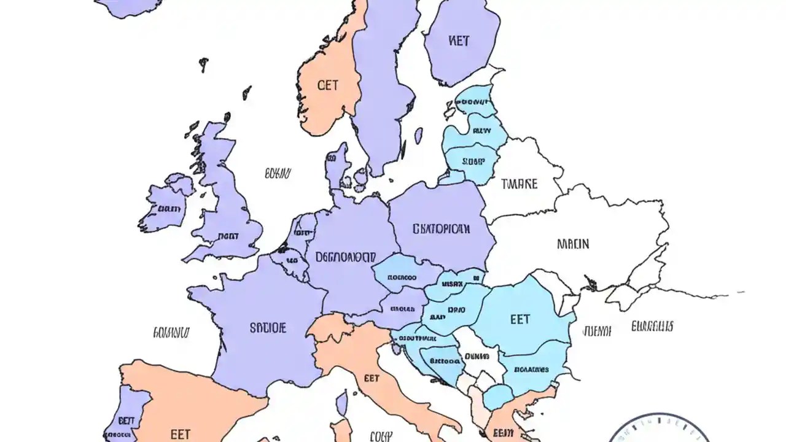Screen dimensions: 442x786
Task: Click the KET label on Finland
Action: [x=459, y=41]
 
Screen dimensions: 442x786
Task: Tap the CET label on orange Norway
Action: [x=328, y=85]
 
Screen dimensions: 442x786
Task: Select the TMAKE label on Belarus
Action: [x=519, y=184]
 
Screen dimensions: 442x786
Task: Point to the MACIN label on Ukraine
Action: [x=572, y=244]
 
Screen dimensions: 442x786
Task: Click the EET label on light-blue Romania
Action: [x=519, y=319]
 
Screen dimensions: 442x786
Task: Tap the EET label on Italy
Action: [x=372, y=378]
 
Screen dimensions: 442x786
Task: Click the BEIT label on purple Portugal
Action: [x=126, y=421]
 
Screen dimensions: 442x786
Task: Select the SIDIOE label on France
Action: [x=268, y=328]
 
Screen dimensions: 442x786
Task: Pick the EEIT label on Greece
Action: [x=503, y=433]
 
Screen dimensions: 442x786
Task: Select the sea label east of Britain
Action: [x=278, y=174]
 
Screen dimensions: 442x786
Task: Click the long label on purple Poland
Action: [x=441, y=230]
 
